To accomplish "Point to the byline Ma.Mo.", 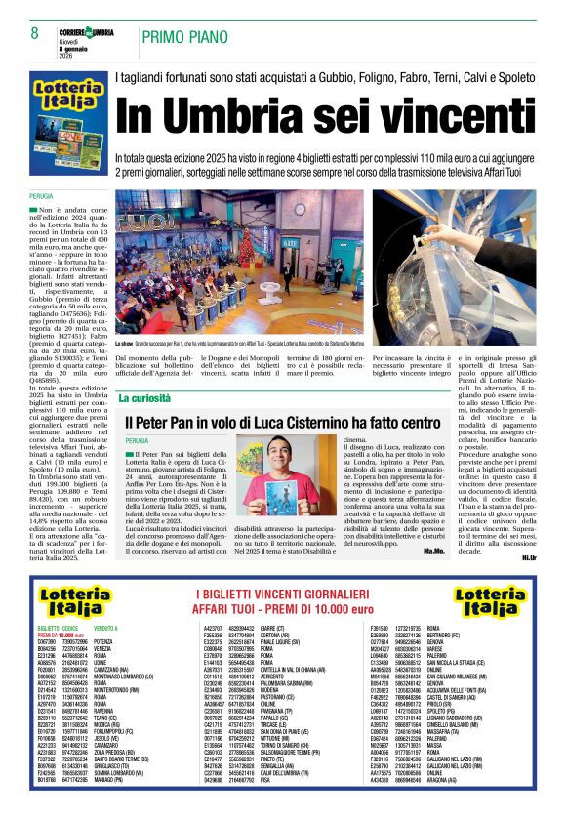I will click(x=434, y=550).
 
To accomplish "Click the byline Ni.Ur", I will click(x=556, y=557).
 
